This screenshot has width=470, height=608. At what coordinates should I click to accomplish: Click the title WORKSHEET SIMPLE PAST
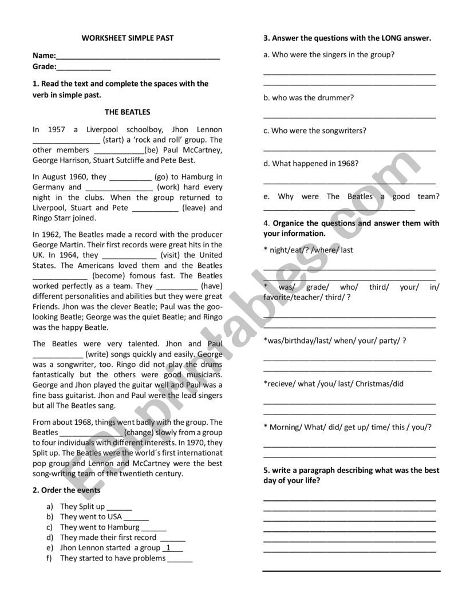(x=128, y=38)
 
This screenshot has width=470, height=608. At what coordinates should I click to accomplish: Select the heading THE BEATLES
(x=127, y=112)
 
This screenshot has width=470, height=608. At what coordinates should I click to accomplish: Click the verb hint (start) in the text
(x=113, y=140)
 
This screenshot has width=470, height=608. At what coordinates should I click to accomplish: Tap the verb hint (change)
(x=139, y=432)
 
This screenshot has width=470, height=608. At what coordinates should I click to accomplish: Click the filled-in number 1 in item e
(x=168, y=548)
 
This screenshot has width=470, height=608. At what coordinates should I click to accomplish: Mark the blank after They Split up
(x=119, y=507)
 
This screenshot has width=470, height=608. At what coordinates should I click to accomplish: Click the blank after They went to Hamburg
(x=154, y=528)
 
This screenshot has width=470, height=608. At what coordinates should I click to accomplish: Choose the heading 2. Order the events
(x=66, y=490)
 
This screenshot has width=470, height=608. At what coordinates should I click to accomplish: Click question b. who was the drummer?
(x=309, y=98)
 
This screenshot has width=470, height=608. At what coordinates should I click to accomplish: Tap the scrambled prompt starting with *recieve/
(x=334, y=384)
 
